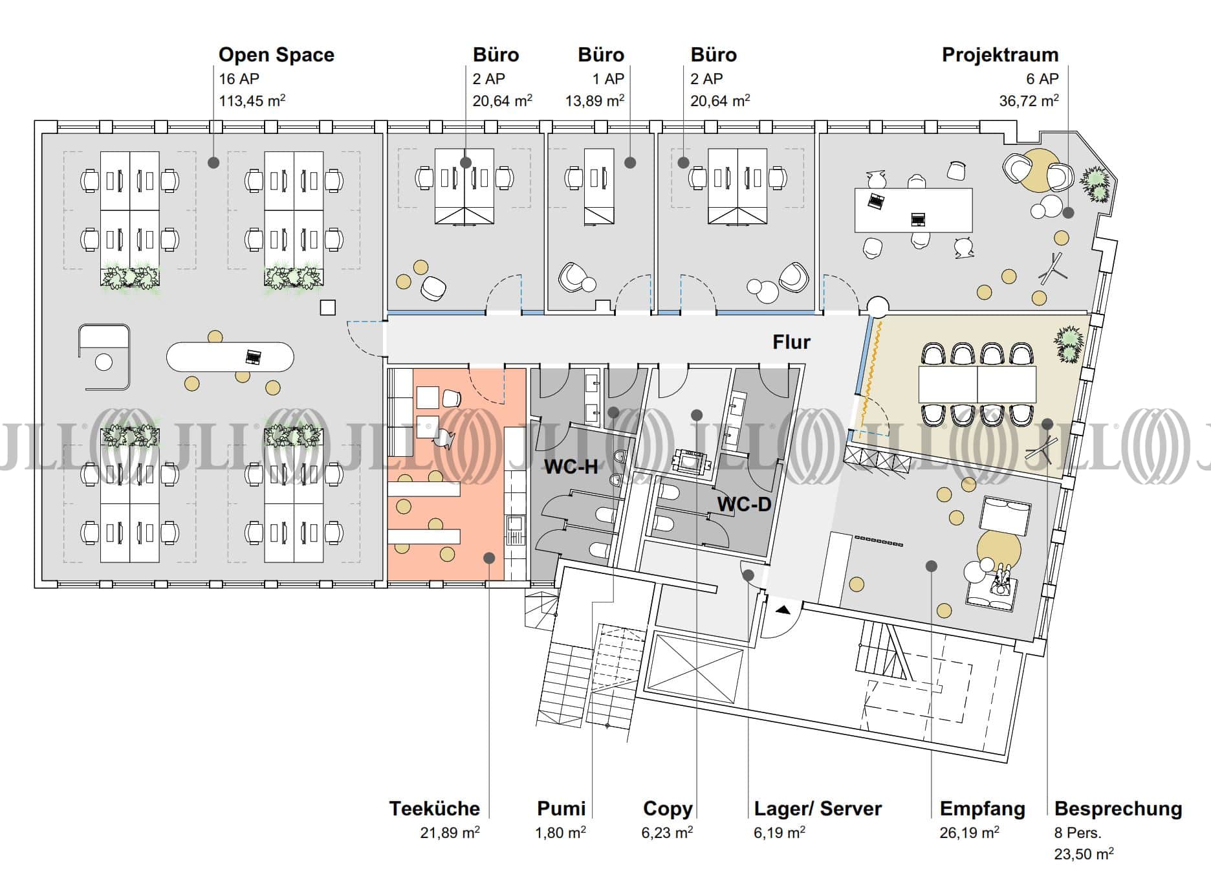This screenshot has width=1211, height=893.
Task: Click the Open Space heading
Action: pos(276,55)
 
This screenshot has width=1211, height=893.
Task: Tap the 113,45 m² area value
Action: pos(252,101)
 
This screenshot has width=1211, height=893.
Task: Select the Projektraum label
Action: pos(999,55)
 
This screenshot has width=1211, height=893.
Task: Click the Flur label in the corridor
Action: pos(791,342)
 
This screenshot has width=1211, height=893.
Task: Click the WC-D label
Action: pos(744,503)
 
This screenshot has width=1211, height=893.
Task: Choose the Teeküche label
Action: pos(434,808)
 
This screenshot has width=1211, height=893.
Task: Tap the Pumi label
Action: pos(561,808)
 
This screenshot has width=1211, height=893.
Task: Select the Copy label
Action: pos(667,808)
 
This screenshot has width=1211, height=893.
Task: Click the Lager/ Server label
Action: pos(818,808)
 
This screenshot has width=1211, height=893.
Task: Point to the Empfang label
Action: pos(982,808)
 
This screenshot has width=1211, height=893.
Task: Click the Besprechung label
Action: pos(1118,808)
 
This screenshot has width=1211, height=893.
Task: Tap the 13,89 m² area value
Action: pos(595,101)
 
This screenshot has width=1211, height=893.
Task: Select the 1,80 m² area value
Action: pos(560,832)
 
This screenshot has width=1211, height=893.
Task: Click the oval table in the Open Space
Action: pos(230,357)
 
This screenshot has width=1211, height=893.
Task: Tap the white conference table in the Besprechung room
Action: pos(977,384)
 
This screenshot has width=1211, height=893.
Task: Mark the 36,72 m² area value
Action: pos(1029,101)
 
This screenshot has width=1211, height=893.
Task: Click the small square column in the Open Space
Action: pos(328,307)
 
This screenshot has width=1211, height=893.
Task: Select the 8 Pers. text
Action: pos(1077,833)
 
